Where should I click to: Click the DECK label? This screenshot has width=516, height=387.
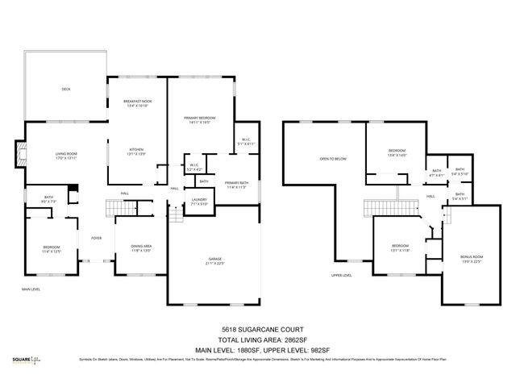tap(66, 89)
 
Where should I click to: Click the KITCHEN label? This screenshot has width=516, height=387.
tap(137, 150)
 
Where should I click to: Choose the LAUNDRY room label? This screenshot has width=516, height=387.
tap(199, 202)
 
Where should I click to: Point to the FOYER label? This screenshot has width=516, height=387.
tap(95, 238)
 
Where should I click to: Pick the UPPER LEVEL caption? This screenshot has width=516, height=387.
tap(341, 275)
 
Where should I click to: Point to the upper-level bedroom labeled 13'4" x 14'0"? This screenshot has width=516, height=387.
tap(397, 152)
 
